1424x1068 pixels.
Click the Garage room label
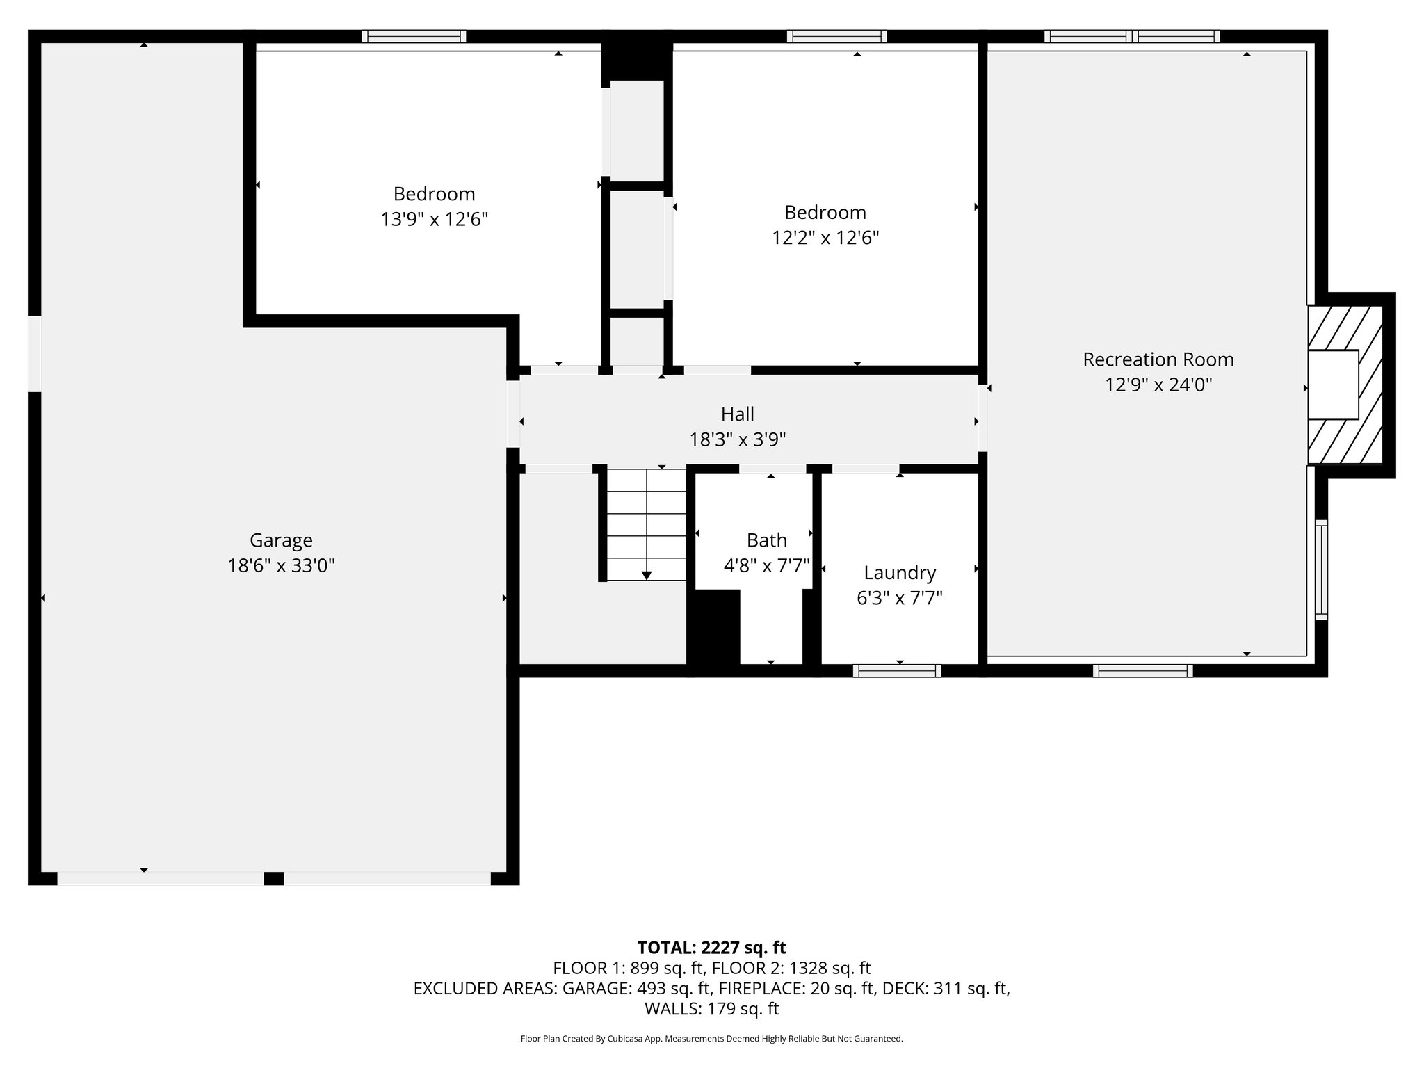pos(281,540)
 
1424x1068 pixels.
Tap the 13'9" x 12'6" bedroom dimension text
pos(434,220)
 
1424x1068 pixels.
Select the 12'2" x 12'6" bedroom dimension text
pos(825,238)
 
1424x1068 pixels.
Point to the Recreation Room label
pos(1158,359)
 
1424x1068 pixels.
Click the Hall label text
pos(737,414)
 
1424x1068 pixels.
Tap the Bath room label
pos(767,540)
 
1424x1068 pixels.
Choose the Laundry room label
pos(900,573)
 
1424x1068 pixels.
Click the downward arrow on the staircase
pos(647,574)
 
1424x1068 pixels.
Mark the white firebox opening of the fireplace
pos(1333,385)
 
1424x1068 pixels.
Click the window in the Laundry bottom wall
pos(897,670)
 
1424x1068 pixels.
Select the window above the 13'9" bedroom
pos(414,37)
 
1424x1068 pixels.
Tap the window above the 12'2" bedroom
pos(836,37)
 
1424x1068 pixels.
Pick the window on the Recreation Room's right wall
pos(1321,569)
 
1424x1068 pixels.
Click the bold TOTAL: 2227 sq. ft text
pos(711,948)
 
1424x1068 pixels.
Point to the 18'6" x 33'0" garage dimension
pos(281,566)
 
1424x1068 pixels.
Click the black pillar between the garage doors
pos(274,878)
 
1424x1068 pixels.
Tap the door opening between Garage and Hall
pos(513,414)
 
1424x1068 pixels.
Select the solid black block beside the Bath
pos(713,628)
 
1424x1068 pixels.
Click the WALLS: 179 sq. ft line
pos(711,1009)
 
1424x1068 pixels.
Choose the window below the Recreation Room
pos(1142,670)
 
